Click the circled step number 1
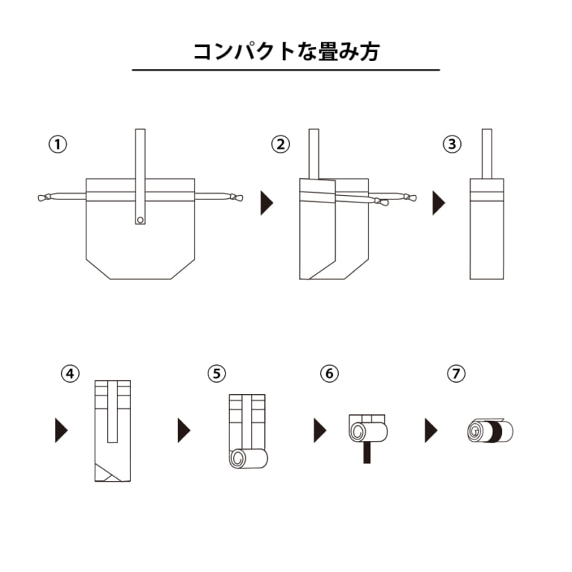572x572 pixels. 57,144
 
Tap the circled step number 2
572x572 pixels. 281,144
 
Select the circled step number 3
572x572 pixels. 452,144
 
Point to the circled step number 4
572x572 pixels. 70,374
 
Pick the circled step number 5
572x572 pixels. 217,374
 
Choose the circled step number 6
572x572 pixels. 329,374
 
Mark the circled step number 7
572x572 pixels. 456,374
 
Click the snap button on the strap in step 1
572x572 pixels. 141,220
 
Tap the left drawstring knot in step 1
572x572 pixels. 45,197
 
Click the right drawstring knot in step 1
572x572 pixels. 236,197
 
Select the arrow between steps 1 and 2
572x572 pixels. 267,203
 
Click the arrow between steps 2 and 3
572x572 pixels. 439,203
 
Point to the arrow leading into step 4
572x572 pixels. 61,430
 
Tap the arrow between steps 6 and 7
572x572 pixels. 430,430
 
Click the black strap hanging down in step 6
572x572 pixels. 367,452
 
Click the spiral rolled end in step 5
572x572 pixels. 238,459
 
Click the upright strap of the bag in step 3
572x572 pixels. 486,153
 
